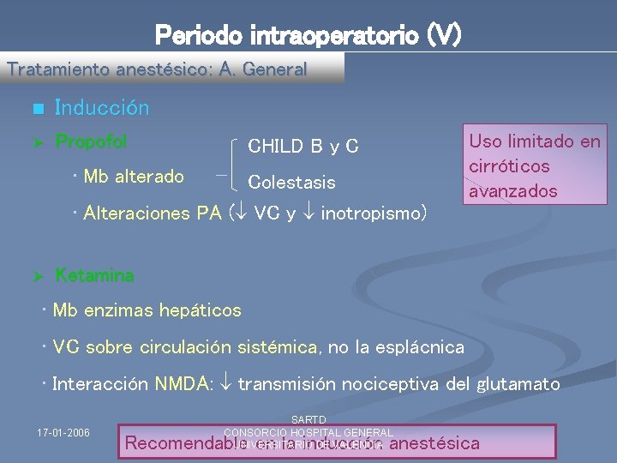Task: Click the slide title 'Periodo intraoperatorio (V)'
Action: click(x=308, y=35)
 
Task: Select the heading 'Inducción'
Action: click(x=101, y=108)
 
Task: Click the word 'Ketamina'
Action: click(x=94, y=275)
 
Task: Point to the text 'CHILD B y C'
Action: click(x=303, y=147)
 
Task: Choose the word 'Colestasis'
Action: click(x=291, y=182)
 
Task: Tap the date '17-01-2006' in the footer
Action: click(x=65, y=431)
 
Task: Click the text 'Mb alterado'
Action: click(x=134, y=177)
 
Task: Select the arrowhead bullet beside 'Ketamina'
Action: click(x=36, y=276)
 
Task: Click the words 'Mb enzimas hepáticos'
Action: click(x=147, y=310)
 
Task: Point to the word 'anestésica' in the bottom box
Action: click(x=434, y=443)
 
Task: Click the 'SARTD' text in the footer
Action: click(x=308, y=419)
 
